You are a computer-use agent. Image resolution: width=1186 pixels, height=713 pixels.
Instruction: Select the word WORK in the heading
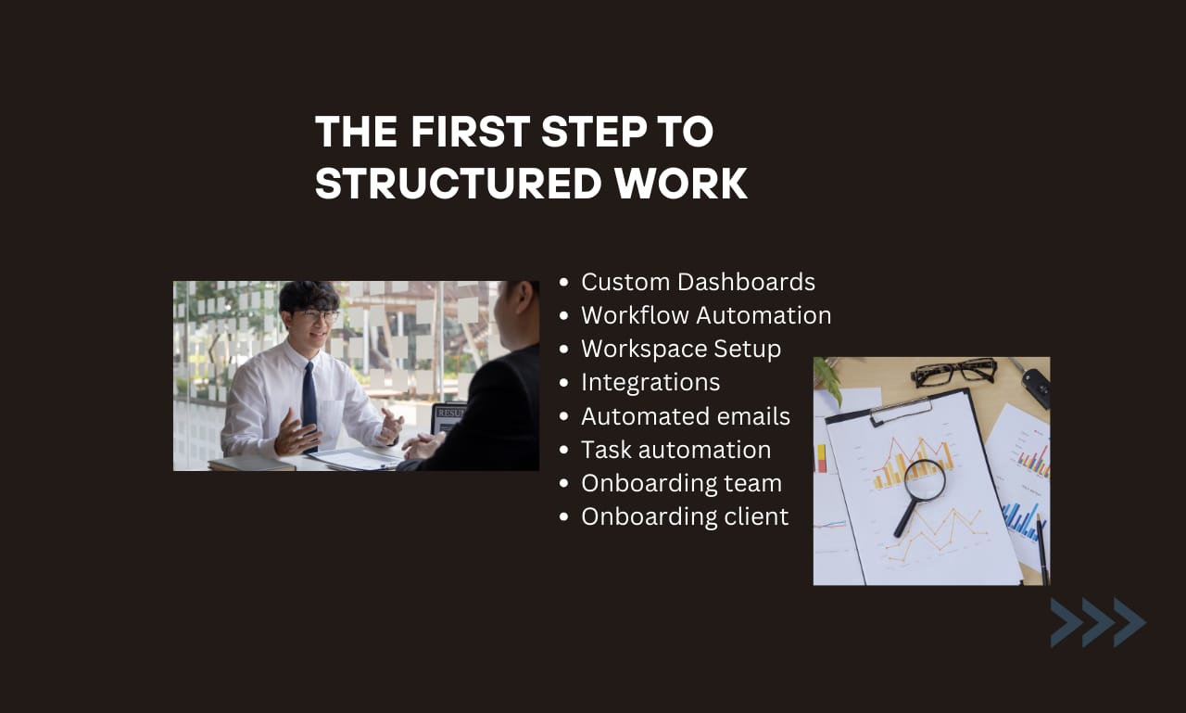click(x=680, y=184)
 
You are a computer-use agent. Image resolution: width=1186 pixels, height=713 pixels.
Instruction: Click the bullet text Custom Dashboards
click(x=698, y=282)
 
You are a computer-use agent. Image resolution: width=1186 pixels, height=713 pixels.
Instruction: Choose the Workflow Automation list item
click(x=706, y=315)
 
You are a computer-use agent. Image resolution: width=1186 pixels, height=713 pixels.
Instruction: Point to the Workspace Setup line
click(x=681, y=349)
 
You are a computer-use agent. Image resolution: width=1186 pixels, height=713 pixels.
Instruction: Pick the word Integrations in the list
click(x=650, y=382)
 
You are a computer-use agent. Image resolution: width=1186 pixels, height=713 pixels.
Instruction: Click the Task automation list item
click(x=675, y=450)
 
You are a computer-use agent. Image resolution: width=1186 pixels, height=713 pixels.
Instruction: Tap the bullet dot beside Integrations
click(x=564, y=383)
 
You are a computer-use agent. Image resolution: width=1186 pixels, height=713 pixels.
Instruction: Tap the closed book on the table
click(x=251, y=463)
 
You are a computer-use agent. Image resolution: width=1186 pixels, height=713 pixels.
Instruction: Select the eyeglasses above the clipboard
click(x=954, y=372)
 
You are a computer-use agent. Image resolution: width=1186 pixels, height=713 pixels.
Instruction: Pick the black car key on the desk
click(x=1035, y=385)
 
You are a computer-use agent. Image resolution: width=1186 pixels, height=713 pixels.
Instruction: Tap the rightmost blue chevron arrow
click(x=1130, y=622)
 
